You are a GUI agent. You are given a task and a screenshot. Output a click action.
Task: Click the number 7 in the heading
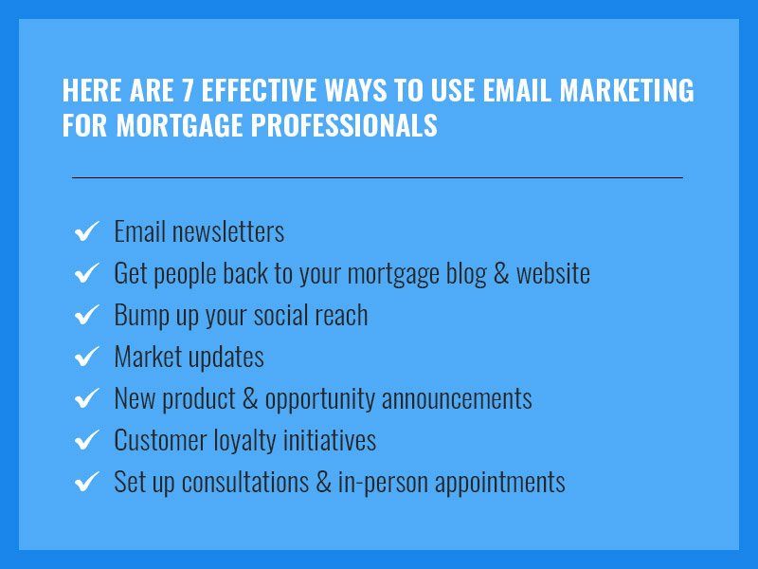188,90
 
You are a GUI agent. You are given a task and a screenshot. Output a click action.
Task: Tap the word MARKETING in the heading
627,90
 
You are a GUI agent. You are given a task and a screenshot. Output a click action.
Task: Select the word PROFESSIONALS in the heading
344,125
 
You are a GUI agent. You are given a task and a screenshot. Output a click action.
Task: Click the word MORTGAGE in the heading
179,125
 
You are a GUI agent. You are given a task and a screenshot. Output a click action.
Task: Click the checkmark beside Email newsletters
86,230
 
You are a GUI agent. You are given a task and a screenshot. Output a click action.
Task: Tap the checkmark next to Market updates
86,357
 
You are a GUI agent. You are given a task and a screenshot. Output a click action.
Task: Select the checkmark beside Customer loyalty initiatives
86,440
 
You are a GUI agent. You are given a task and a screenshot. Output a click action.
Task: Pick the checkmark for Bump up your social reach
86,315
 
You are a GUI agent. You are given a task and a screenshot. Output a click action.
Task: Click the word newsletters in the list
228,231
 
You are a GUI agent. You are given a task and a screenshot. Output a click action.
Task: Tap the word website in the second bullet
553,273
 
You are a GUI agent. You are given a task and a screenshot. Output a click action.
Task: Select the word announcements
457,399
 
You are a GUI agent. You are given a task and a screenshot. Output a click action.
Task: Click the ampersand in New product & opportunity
250,398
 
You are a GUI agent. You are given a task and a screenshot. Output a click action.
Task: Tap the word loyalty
244,441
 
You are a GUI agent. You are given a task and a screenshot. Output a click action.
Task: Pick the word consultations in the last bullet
245,482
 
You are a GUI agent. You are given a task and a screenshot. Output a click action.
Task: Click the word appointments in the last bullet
500,484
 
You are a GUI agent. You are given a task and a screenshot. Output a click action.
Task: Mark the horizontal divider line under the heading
377,177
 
